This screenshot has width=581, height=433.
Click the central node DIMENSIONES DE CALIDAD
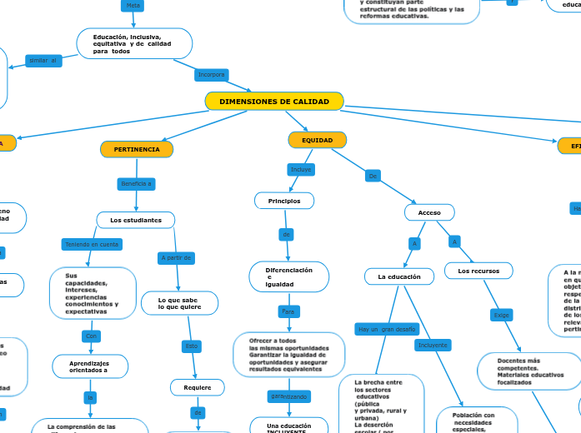click(x=274, y=102)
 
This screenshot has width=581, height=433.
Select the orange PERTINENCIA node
click(x=137, y=149)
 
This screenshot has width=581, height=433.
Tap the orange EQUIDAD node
click(x=317, y=140)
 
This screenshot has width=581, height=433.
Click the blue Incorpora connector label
click(x=212, y=75)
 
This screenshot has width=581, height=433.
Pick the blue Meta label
click(x=132, y=5)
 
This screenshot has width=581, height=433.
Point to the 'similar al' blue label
click(x=43, y=60)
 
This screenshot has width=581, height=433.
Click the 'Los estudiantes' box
click(x=136, y=220)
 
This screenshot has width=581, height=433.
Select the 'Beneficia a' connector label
click(x=137, y=183)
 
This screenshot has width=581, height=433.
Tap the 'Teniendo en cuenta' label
click(x=92, y=244)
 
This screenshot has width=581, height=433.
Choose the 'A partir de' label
click(x=176, y=258)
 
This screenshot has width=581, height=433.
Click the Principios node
click(x=284, y=201)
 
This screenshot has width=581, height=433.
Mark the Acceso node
click(x=429, y=212)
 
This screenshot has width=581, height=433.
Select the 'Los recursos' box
click(x=478, y=271)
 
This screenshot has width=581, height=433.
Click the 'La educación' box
click(x=399, y=276)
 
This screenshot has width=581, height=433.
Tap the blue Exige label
click(x=501, y=316)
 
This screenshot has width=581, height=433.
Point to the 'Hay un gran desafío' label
click(x=386, y=329)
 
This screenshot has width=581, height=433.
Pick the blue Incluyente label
click(x=433, y=345)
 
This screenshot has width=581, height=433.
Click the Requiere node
click(x=198, y=387)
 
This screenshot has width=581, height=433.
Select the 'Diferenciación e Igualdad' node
click(x=289, y=277)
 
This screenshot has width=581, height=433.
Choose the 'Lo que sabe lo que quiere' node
click(x=179, y=303)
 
